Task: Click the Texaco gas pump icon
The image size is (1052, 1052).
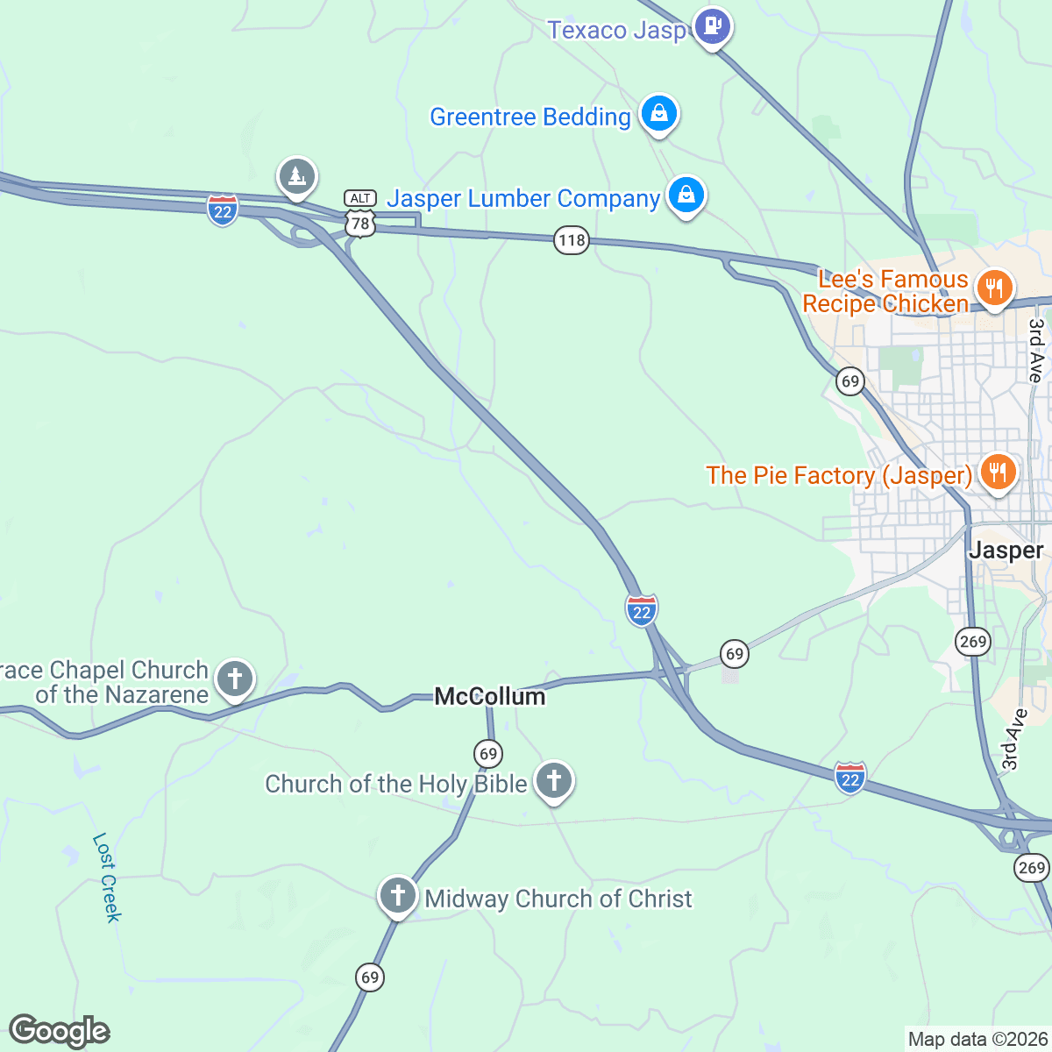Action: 712,27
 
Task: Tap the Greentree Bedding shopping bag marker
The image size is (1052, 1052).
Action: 658,114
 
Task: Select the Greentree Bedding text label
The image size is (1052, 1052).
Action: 530,117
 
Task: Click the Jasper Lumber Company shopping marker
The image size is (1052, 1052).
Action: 686,195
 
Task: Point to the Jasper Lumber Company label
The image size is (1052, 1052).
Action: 522,199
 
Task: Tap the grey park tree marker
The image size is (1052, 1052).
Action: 297,177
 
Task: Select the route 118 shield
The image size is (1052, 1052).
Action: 571,240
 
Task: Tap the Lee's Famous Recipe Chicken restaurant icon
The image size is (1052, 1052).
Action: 993,288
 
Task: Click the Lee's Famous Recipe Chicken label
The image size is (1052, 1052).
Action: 885,292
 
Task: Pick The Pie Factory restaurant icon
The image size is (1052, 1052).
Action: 997,473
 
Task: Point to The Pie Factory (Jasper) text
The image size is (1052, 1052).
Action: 839,475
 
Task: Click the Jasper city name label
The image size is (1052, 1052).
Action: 1006,551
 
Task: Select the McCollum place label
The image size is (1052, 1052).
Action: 490,697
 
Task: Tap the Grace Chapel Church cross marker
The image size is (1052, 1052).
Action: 235,679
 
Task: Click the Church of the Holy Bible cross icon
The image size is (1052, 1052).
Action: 553,779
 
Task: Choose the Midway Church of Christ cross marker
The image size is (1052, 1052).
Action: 397,895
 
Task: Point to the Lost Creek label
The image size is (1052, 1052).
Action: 106,877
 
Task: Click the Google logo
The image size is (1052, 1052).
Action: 59,1031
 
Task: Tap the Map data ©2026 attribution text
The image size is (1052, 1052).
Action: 977,1040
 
